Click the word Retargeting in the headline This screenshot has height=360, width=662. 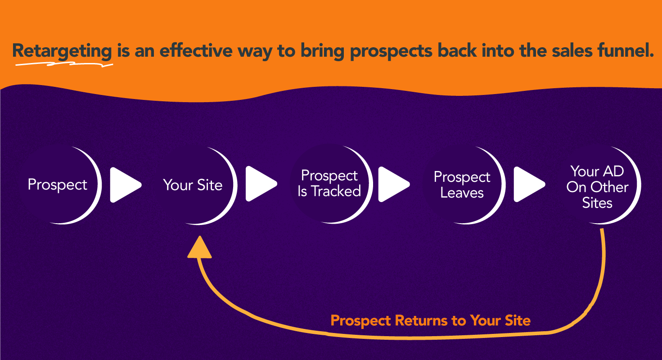62,51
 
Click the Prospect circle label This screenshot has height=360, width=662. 57,185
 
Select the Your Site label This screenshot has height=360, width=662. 193,185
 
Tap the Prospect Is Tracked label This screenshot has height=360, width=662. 329,183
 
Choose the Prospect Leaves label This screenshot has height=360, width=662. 462,185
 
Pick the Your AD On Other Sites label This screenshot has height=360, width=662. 597,187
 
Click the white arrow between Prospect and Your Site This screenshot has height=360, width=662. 125,185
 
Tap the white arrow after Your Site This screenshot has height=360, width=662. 261,184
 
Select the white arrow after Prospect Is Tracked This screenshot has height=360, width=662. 394,184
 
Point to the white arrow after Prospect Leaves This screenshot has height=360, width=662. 529,184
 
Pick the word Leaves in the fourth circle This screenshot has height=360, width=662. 462,193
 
